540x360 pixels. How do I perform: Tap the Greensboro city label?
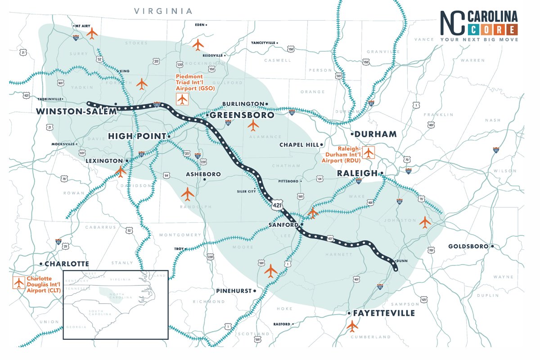point(242,115)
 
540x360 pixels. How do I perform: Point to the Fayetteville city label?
point(384,313)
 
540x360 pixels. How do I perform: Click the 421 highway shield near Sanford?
point(278,205)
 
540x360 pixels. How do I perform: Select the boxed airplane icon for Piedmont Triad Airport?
point(182,99)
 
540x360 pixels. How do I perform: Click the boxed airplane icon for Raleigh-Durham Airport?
point(369,153)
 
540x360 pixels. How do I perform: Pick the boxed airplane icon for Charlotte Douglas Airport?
point(18,283)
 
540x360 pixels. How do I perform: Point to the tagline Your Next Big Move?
point(479,40)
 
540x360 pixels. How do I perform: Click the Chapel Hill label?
point(299,145)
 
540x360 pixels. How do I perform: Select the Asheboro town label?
point(203,174)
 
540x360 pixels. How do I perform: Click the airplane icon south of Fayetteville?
point(352,325)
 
